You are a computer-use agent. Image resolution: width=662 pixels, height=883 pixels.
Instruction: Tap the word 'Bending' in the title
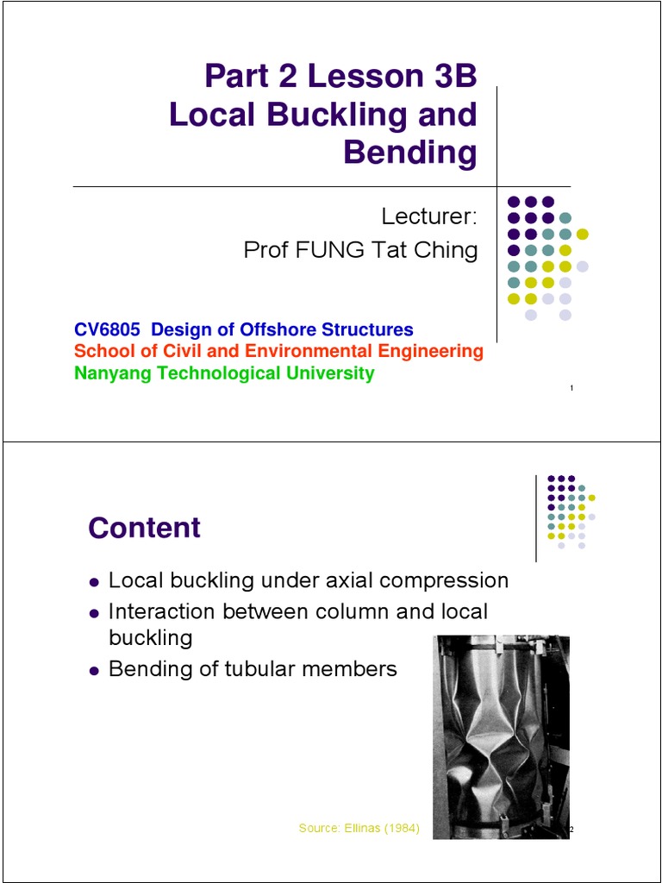point(410,153)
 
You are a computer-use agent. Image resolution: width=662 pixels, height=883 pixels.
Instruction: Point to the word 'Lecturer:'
point(429,216)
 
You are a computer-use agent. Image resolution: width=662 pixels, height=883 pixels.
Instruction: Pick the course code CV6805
point(107,329)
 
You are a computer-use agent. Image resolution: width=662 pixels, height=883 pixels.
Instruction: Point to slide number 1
point(572,388)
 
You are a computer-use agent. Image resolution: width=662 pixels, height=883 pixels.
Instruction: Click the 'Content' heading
point(144,528)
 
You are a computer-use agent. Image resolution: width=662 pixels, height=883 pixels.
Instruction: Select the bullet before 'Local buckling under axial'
point(95,582)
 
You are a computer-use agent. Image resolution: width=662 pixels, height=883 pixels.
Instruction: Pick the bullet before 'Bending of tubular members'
point(95,670)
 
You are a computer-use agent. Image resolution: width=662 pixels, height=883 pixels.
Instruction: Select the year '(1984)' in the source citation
point(400,829)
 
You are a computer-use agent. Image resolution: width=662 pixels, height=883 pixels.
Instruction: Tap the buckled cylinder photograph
point(501,736)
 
